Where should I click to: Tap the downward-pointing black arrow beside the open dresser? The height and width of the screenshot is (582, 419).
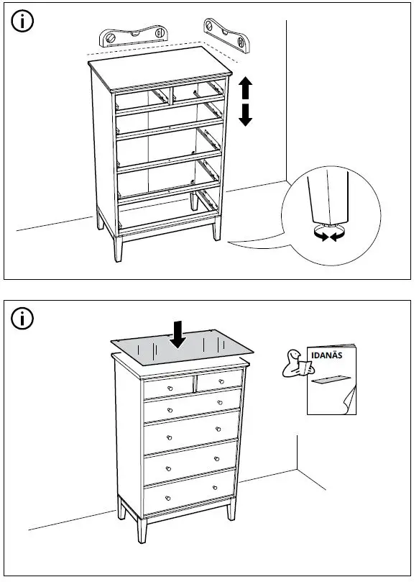tap(246, 114)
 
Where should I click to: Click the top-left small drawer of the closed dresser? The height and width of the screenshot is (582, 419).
tap(169, 388)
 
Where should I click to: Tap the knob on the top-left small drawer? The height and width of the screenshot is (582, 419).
tap(170, 388)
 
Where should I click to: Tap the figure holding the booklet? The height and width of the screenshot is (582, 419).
tap(295, 364)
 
